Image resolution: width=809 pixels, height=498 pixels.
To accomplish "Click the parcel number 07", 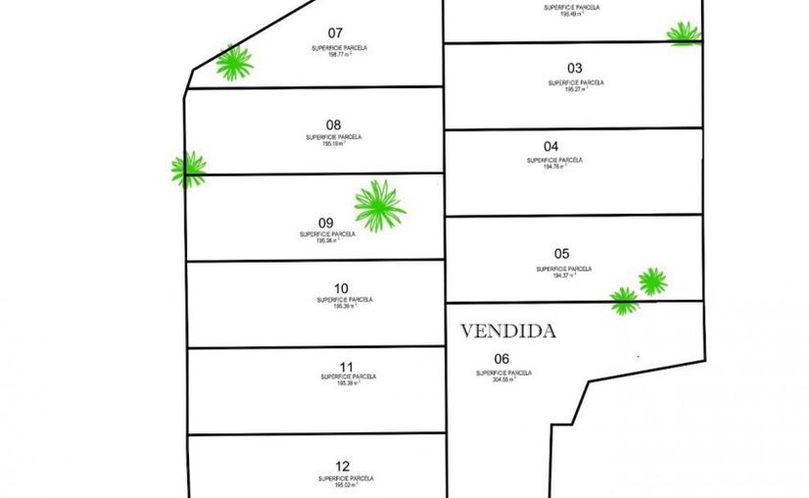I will [336, 32].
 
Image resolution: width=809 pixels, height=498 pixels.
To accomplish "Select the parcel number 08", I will [334, 124].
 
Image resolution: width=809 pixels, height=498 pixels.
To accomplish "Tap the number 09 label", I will [326, 223].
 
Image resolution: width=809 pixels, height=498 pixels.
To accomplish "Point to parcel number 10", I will [341, 288].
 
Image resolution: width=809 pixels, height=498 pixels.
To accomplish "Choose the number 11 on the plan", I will [345, 366].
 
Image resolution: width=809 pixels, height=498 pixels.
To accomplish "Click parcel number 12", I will [342, 467].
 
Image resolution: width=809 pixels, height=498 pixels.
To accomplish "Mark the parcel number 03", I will [575, 69].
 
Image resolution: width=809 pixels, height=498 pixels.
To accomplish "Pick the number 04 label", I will [551, 147].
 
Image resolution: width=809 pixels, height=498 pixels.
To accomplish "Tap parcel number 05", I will [561, 253].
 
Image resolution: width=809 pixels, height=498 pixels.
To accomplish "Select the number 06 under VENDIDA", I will [502, 359].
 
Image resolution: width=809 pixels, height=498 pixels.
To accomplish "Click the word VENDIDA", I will [507, 331].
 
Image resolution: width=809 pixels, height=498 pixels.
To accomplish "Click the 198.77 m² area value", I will [339, 55].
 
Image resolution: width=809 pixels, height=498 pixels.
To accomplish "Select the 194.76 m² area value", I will [554, 167].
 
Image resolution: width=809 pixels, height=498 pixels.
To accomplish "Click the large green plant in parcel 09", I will [379, 206].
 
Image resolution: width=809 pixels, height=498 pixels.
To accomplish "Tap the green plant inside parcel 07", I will [234, 63].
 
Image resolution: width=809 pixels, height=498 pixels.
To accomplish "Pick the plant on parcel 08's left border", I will [188, 170].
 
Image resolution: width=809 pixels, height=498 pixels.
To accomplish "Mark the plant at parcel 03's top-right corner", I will [684, 33].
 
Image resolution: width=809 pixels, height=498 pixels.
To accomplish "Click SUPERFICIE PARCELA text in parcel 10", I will [345, 300].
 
